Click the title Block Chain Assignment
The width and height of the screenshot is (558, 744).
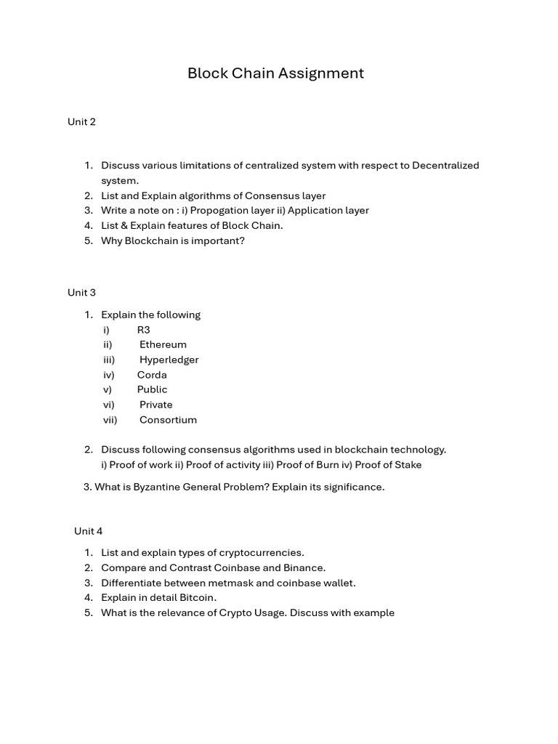(x=275, y=73)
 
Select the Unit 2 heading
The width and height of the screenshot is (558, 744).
(x=81, y=122)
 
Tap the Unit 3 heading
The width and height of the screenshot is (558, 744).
(x=81, y=293)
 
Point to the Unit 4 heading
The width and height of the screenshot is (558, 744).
(x=88, y=531)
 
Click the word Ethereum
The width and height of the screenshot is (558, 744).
(x=163, y=344)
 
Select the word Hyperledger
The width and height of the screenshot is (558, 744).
(x=169, y=360)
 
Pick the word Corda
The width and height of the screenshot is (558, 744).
(x=152, y=375)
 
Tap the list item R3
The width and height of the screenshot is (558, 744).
(x=143, y=330)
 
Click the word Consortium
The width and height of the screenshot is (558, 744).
(x=168, y=420)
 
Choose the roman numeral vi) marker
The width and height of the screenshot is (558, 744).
(x=108, y=405)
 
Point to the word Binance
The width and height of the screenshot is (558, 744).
(x=304, y=567)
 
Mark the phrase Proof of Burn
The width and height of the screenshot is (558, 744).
(x=307, y=465)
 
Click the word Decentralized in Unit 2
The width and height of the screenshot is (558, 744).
(x=445, y=166)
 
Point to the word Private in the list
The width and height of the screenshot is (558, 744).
(x=155, y=405)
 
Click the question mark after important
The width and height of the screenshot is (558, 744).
(x=242, y=240)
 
